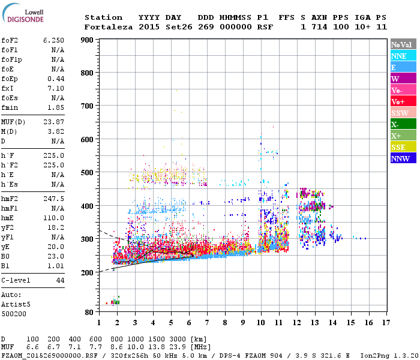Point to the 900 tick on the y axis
87,40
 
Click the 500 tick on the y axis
87,173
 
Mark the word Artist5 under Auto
14,304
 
